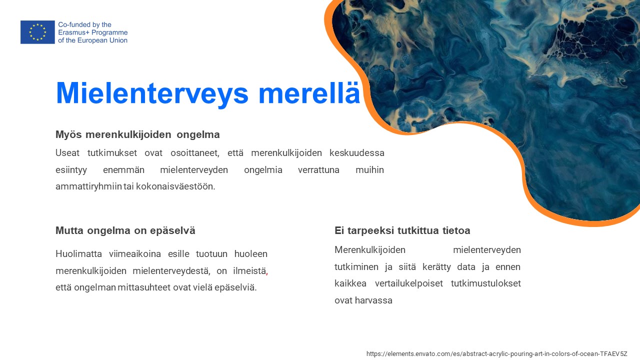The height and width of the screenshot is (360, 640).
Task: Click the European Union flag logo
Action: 37,32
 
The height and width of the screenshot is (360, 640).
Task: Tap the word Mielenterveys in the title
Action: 152,93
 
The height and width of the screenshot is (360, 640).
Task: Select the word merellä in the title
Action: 309,92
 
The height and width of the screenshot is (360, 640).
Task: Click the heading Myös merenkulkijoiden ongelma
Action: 137,134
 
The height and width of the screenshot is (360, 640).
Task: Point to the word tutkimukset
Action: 112,153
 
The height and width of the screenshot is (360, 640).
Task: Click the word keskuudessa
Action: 357,153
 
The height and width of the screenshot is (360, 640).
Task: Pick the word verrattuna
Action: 318,169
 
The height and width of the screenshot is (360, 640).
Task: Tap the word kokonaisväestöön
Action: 175,186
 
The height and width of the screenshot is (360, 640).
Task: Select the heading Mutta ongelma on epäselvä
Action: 125,230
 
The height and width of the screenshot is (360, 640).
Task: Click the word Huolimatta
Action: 78,253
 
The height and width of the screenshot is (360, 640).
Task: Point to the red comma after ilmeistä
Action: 267,273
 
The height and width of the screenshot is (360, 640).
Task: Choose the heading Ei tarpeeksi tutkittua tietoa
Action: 402,230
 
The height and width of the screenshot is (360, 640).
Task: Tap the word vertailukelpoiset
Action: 409,283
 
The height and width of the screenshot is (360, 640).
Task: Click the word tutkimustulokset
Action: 485,283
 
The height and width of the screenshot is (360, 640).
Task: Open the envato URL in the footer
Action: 497,353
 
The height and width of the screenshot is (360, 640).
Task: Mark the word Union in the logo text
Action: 118,40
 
